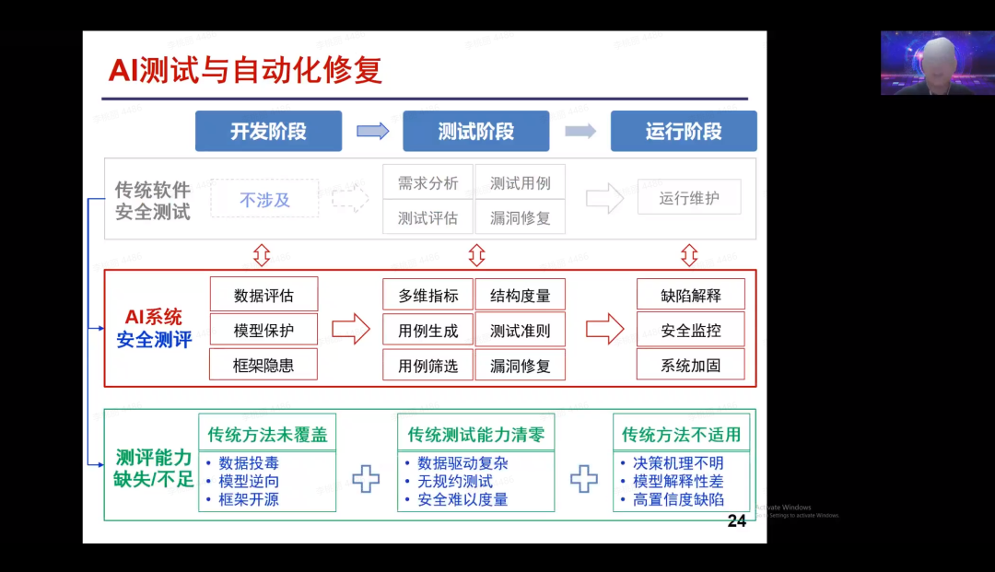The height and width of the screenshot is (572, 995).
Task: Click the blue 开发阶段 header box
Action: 268,131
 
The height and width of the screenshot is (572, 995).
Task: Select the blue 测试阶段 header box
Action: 475,131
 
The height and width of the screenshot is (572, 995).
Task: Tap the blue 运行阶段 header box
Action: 684,131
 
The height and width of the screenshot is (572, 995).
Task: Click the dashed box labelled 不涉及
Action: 265,198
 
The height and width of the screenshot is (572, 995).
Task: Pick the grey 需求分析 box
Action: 427,182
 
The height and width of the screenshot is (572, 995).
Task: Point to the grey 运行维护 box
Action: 689,197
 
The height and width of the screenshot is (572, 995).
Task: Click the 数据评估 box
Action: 263,295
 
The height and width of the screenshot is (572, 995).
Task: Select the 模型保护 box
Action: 263,330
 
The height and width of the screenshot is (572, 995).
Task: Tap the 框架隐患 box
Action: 263,365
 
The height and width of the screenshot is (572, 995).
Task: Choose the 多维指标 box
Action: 427,295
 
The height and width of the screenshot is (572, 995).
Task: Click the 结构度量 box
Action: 521,295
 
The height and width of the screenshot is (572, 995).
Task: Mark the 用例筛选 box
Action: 427,365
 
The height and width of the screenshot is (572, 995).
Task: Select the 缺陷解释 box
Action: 691,295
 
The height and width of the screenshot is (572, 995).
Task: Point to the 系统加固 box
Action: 691,365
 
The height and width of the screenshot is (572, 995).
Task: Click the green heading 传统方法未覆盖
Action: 267,434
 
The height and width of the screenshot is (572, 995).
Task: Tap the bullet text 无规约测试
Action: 455,481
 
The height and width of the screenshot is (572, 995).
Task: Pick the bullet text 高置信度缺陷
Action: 678,499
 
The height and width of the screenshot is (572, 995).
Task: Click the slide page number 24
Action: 736,521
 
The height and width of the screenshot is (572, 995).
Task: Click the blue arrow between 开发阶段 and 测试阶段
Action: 372,131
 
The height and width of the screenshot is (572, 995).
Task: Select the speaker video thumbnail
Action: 937,63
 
